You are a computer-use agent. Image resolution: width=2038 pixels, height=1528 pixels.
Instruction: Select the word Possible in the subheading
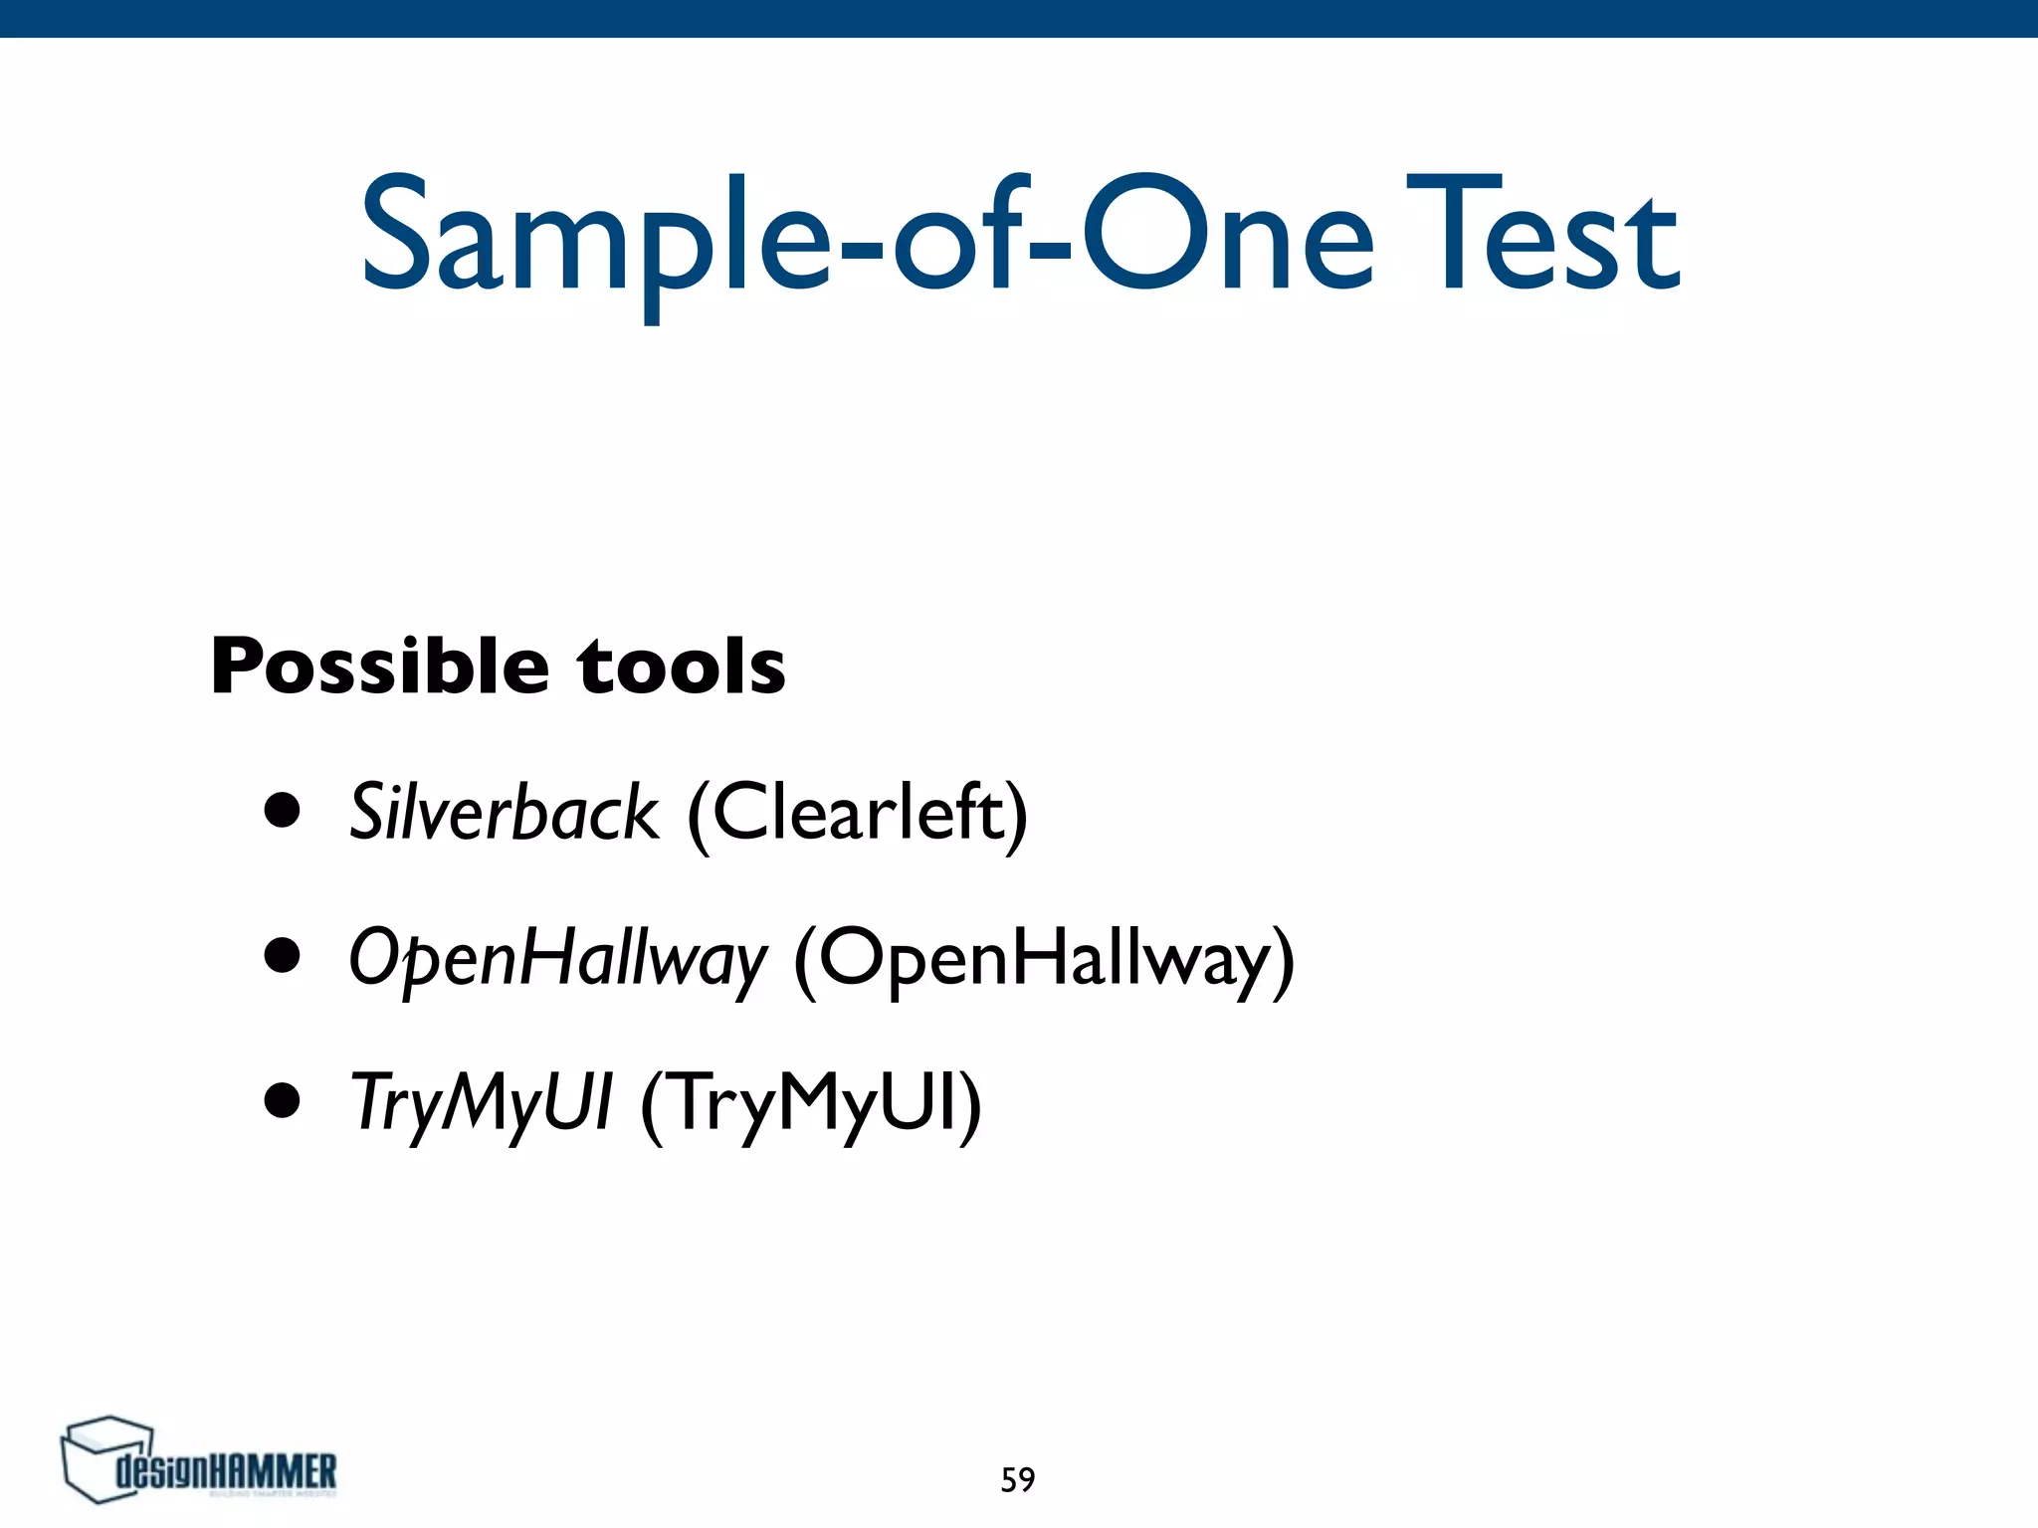pos(379,667)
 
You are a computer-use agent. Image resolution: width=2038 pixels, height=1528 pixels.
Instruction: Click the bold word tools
pos(682,667)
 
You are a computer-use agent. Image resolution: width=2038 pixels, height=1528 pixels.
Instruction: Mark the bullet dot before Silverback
pos(283,810)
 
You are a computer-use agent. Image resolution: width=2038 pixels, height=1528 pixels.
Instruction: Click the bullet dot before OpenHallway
pos(283,955)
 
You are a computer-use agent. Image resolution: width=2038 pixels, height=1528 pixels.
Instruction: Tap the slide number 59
pos(1017,1480)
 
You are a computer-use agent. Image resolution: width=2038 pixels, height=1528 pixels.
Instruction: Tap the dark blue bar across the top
pos(1019,18)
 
